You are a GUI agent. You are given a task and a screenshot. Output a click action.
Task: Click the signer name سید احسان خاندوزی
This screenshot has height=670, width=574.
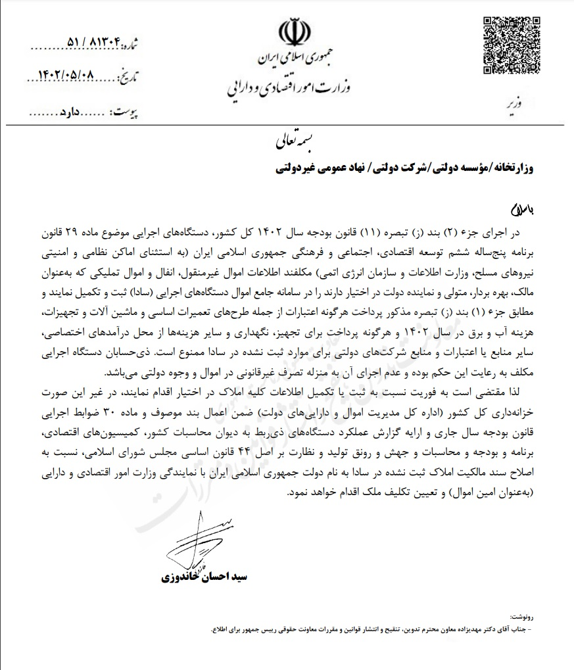coord(203,577)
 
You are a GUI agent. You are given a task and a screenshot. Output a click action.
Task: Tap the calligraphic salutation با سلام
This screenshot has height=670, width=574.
coord(523,210)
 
